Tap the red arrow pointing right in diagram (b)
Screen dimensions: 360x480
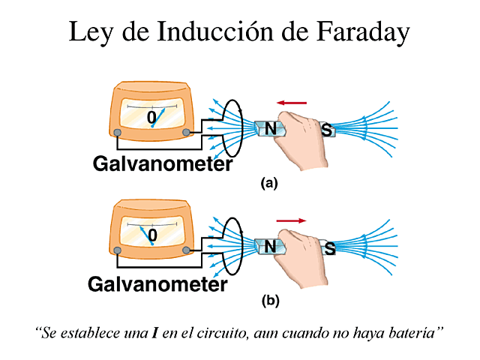click(291, 220)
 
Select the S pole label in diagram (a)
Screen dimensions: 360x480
click(326, 130)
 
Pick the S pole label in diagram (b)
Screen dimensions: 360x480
click(328, 248)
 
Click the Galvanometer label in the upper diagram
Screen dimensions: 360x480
click(162, 163)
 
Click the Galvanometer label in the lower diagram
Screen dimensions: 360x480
click(157, 284)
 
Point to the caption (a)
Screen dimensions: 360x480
click(268, 182)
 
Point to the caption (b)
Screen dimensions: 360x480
click(270, 301)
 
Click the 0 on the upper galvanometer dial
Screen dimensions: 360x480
click(151, 118)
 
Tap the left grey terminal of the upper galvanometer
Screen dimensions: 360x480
click(118, 133)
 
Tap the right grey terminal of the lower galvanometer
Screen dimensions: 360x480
click(186, 250)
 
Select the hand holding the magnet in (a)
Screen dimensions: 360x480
click(300, 139)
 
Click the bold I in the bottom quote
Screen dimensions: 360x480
click(154, 330)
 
